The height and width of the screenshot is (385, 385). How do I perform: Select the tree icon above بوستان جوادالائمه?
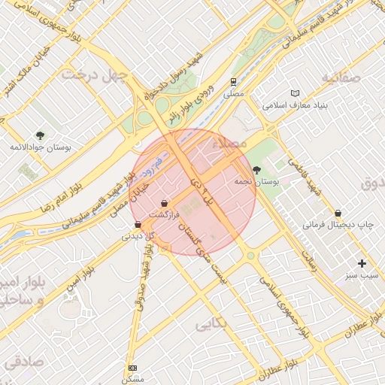(40, 135)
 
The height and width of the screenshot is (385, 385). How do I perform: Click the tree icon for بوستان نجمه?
(257, 170)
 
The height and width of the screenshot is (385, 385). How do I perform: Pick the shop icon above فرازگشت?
(164, 203)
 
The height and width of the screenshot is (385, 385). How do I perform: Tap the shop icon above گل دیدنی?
(137, 224)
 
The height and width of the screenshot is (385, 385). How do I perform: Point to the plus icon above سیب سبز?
(362, 263)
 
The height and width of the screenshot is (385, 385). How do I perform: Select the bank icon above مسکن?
(133, 368)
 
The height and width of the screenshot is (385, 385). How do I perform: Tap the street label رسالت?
(311, 256)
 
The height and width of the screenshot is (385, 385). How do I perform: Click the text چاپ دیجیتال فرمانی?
(338, 224)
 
